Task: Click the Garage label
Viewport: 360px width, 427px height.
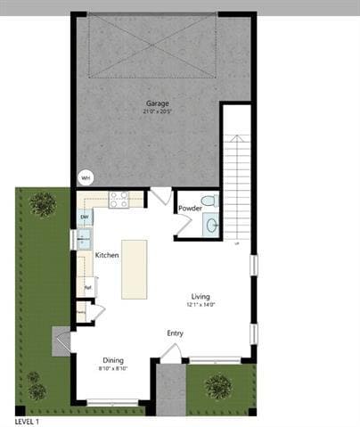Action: (x=158, y=103)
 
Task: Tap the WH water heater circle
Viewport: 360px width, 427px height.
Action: (x=86, y=177)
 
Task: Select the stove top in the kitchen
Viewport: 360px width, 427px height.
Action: (x=119, y=200)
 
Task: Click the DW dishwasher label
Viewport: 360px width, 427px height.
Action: (x=85, y=218)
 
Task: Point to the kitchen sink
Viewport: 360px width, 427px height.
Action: (x=83, y=238)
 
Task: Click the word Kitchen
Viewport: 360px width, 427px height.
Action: (x=107, y=256)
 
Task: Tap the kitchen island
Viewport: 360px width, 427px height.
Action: (x=135, y=267)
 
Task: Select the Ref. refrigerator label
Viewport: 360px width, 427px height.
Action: (x=87, y=287)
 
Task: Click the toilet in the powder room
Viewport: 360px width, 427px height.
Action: (x=208, y=201)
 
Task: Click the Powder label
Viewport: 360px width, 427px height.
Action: (x=190, y=209)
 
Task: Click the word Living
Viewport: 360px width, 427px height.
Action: (x=200, y=296)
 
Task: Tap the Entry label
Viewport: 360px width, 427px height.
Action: (x=175, y=333)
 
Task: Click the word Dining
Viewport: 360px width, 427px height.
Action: (x=112, y=360)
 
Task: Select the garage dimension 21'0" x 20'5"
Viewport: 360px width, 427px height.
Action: (x=158, y=111)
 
